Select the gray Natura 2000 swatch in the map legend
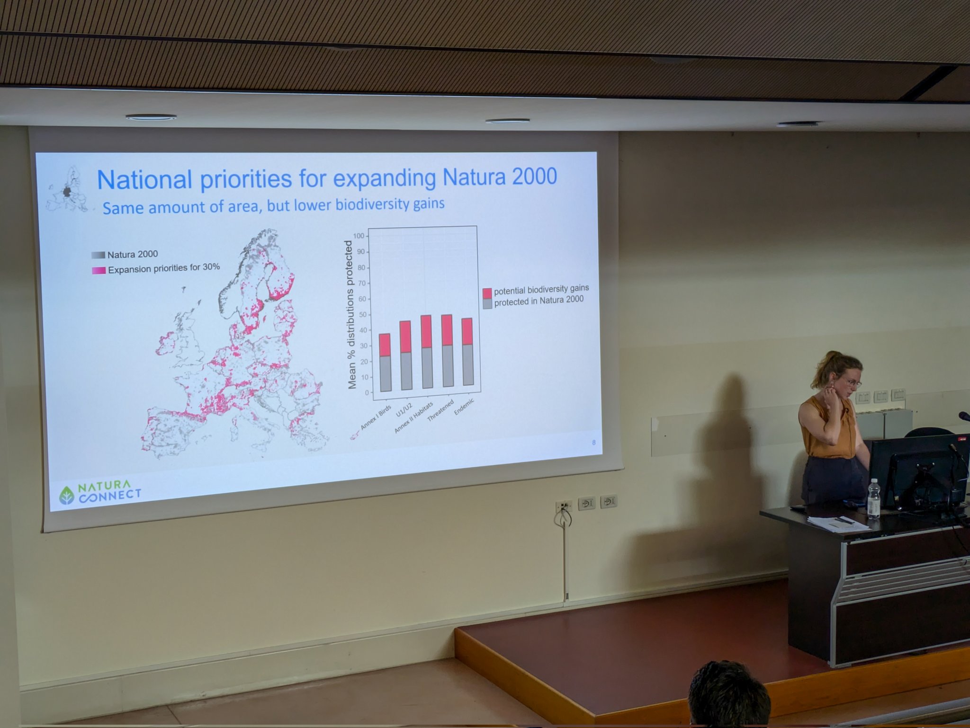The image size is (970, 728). [x=98, y=255]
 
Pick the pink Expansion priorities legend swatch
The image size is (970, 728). [x=99, y=270]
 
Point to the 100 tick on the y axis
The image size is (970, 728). [x=359, y=236]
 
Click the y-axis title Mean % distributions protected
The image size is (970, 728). [x=351, y=315]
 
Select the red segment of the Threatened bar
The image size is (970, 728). [x=447, y=330]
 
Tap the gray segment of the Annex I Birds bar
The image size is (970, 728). [x=385, y=374]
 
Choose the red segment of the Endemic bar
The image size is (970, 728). [x=467, y=331]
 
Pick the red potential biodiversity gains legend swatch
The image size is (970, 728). [x=487, y=292]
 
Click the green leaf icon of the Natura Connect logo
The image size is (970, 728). [x=66, y=495]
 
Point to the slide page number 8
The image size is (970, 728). [x=593, y=443]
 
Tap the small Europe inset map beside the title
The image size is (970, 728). [x=68, y=189]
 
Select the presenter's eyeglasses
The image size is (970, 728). [x=851, y=382]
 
